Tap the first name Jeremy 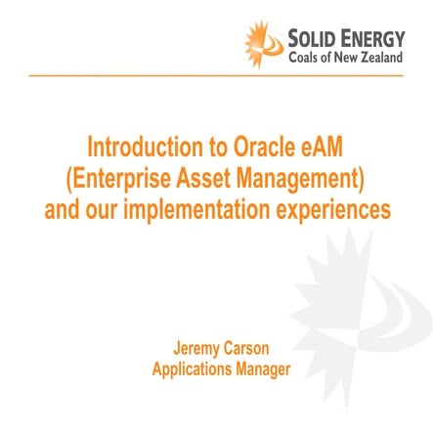coord(193,349)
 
